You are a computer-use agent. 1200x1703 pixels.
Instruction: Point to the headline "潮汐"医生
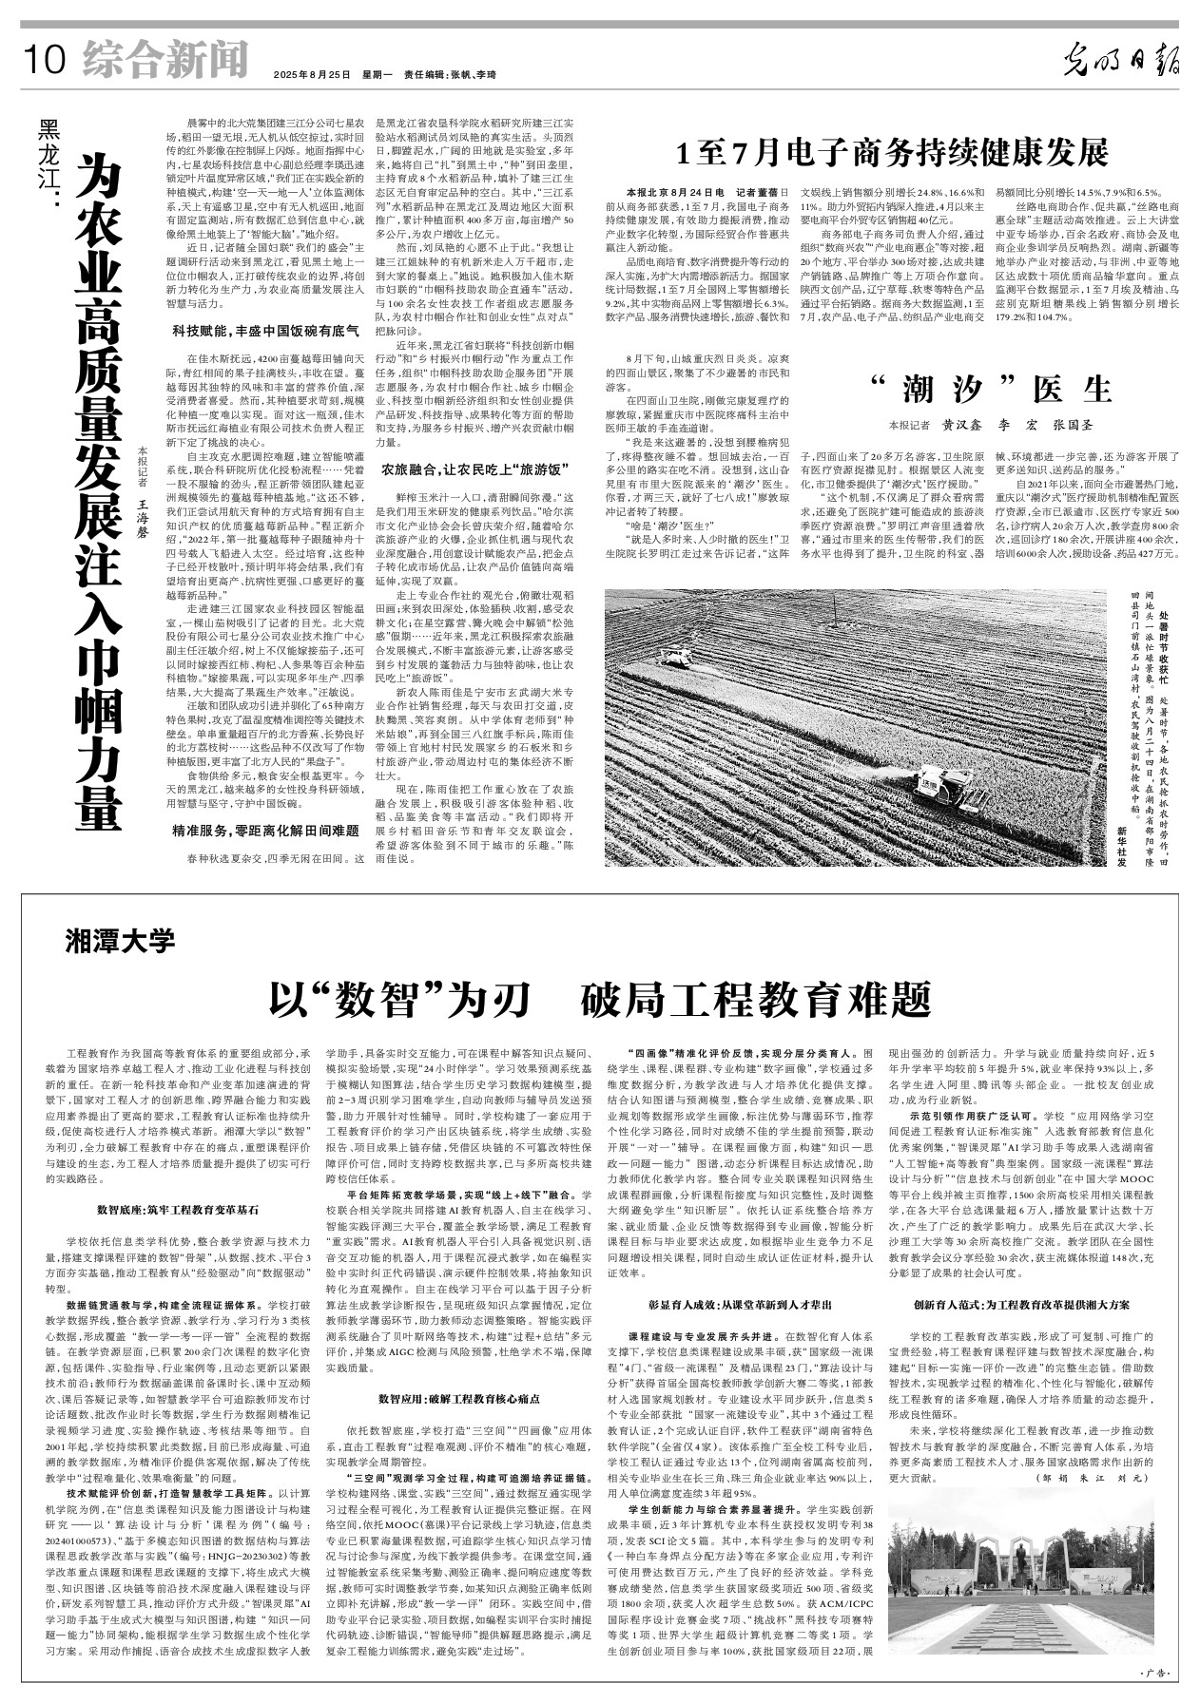[988, 390]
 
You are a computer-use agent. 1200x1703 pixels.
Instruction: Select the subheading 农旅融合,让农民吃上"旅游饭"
[474, 469]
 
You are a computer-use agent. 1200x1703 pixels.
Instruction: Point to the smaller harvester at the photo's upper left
[678, 657]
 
